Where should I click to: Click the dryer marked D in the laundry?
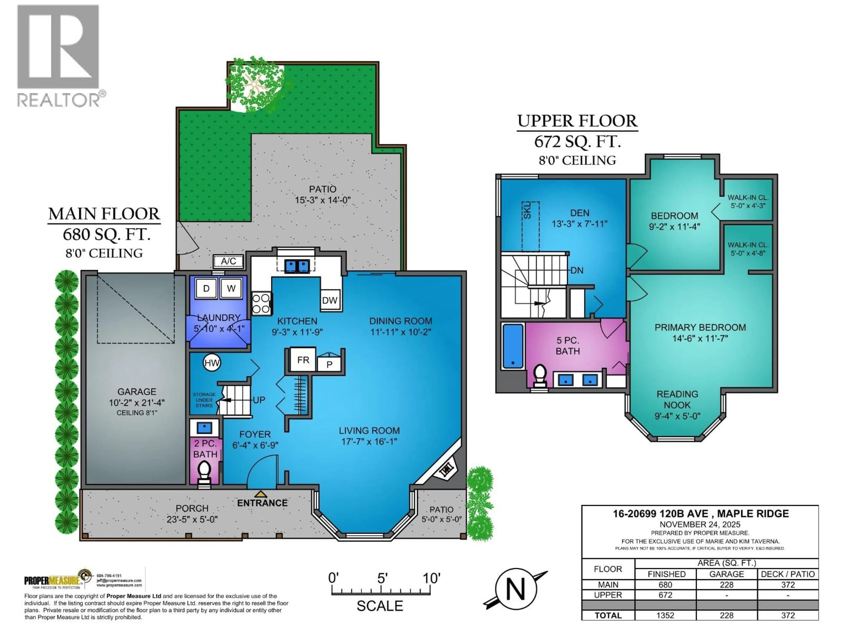pos(206,288)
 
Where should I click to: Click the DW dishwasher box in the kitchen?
pos(330,300)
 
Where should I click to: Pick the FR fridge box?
pos(303,360)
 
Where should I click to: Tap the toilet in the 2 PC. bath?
pos(204,471)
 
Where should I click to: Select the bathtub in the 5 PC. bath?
pos(512,346)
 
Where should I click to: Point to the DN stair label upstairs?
pos(577,270)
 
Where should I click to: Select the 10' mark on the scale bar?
pos(431,578)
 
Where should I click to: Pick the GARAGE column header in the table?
pos(726,574)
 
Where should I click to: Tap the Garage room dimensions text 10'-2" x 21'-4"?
pos(137,402)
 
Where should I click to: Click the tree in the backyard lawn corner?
pos(255,86)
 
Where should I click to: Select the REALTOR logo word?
pos(59,100)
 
